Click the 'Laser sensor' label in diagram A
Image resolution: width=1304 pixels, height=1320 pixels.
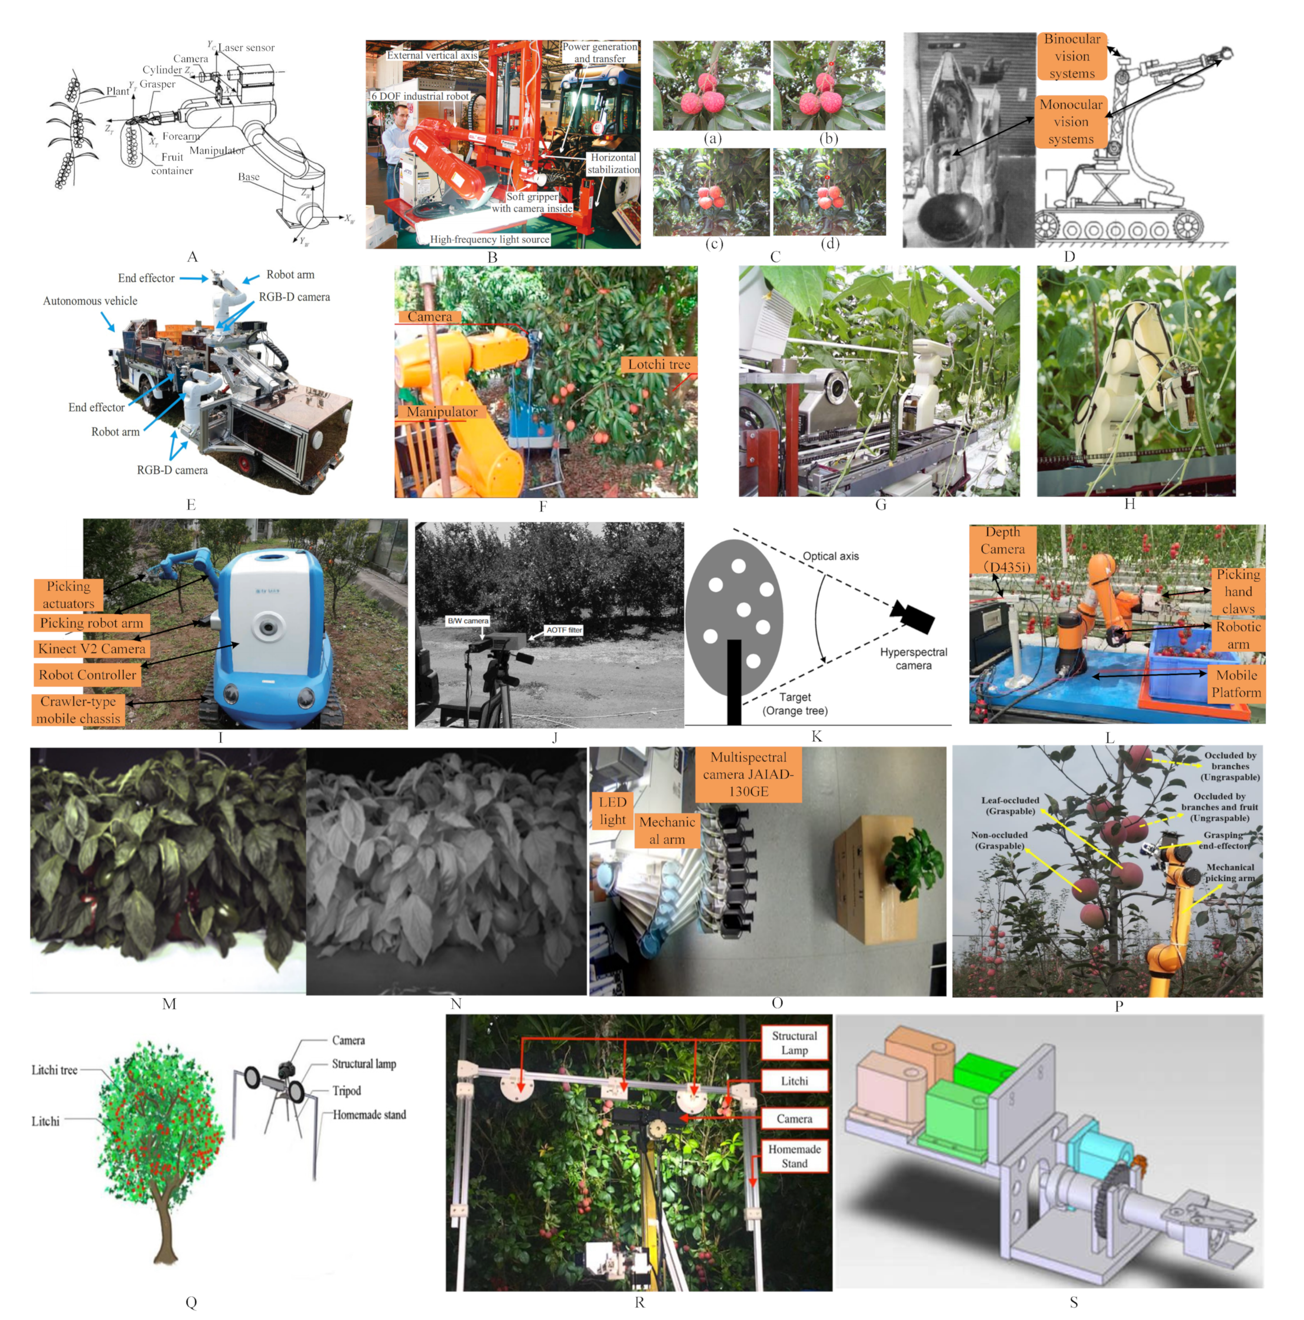point(246,48)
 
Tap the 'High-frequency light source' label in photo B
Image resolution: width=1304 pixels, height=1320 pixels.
point(489,239)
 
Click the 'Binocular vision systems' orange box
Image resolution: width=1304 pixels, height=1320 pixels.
point(1072,57)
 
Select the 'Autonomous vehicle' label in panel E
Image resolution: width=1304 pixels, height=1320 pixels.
point(90,300)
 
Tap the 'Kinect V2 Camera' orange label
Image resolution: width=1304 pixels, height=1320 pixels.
point(92,648)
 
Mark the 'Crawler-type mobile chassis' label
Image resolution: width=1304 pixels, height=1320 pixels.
point(78,710)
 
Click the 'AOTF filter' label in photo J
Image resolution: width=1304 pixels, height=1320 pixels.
point(563,630)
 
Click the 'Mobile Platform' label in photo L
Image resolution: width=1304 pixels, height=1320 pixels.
point(1236,683)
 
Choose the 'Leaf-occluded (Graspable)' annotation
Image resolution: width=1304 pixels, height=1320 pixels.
point(1010,806)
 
